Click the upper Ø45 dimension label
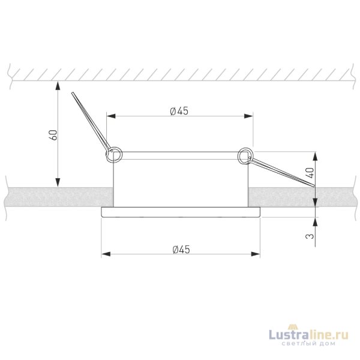179,110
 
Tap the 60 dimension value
53,135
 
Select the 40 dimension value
310,171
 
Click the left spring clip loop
114,155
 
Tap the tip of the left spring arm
72,94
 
